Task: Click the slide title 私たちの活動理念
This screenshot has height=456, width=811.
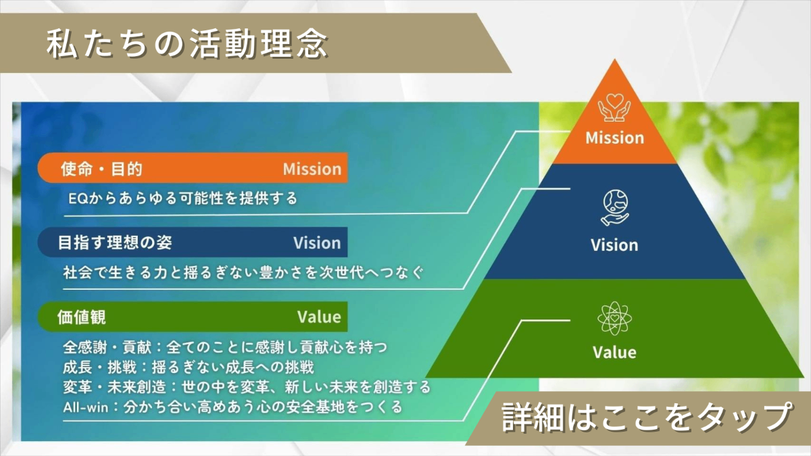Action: click(x=187, y=43)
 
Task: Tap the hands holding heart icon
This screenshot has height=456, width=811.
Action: click(x=614, y=107)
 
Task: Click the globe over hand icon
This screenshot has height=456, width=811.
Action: click(x=615, y=207)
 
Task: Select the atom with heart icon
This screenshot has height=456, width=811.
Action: click(x=615, y=318)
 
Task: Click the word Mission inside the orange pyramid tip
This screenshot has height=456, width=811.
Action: click(x=615, y=138)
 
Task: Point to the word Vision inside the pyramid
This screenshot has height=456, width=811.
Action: click(x=614, y=245)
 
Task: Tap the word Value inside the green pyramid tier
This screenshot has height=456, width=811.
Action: click(x=614, y=352)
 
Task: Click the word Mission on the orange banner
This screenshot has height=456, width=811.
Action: click(x=312, y=169)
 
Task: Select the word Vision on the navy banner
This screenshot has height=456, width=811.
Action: click(x=317, y=243)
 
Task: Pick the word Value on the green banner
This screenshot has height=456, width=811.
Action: click(x=319, y=317)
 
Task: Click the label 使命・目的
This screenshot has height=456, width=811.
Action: click(x=102, y=169)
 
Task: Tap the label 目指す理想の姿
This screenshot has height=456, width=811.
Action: click(x=115, y=243)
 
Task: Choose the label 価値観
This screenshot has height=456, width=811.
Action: click(x=82, y=317)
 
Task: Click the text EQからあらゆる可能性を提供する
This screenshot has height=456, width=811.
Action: click(x=183, y=199)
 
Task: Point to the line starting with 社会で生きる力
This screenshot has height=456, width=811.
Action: click(x=243, y=272)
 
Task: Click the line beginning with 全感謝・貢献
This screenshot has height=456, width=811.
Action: click(x=225, y=347)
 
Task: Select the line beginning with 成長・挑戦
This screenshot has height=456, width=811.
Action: click(x=189, y=368)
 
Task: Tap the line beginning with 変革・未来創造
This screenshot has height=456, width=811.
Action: click(x=247, y=387)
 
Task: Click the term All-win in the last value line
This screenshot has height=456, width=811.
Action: click(x=86, y=407)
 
